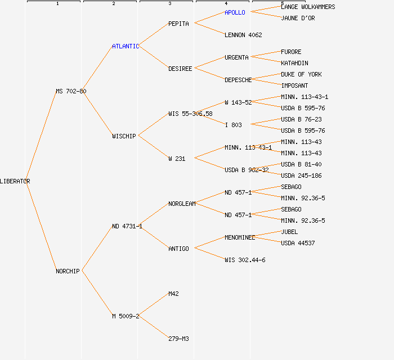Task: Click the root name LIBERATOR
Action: (15, 181)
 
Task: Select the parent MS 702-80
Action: (71, 91)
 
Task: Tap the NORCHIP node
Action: (68, 271)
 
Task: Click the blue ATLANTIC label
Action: (126, 46)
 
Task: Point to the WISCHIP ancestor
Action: (124, 136)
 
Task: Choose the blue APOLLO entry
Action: (235, 12)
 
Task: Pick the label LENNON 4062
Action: (243, 35)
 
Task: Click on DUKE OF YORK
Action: (301, 74)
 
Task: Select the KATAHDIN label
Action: (294, 63)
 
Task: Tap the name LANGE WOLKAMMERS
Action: (308, 7)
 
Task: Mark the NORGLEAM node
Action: (182, 204)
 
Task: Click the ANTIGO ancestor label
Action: (178, 249)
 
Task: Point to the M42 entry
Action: (173, 294)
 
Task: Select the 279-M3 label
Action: (178, 339)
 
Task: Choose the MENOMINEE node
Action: (240, 237)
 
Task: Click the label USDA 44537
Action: (298, 243)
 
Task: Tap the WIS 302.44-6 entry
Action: (245, 260)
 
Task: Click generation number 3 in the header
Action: (169, 4)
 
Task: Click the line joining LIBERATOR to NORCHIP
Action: (41, 226)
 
